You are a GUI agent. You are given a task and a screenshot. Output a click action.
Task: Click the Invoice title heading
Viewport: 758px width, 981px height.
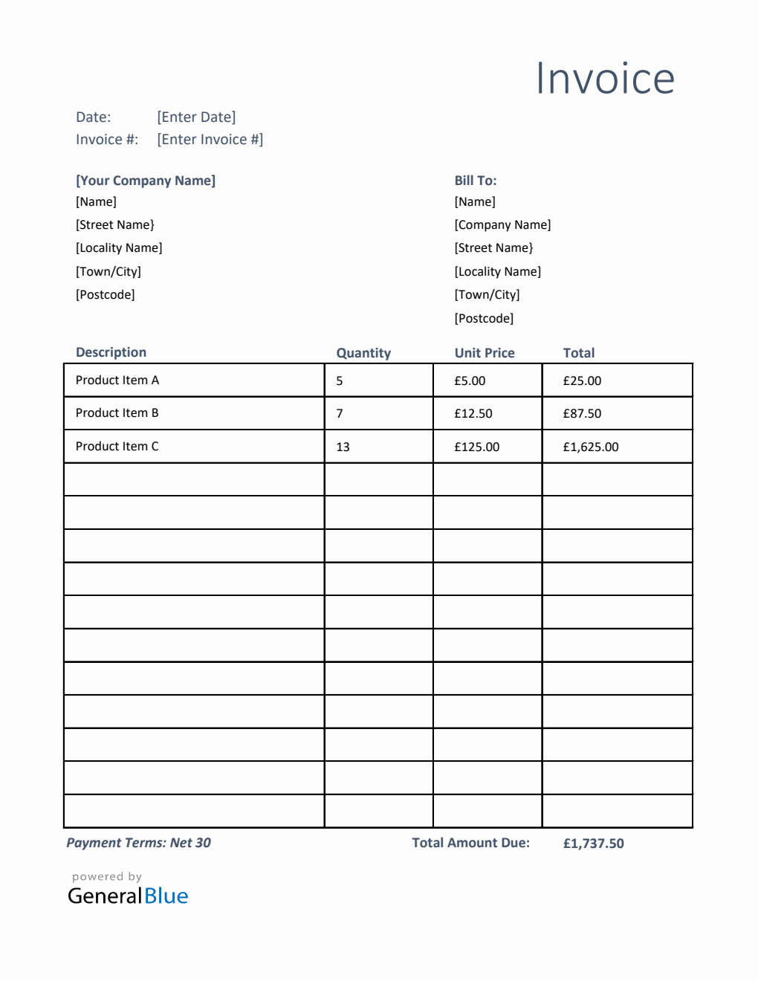pyautogui.click(x=605, y=79)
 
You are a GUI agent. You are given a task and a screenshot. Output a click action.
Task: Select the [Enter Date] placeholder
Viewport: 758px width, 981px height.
pyautogui.click(x=196, y=117)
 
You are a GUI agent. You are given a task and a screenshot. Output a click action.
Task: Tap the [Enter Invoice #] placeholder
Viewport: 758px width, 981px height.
pyautogui.click(x=210, y=140)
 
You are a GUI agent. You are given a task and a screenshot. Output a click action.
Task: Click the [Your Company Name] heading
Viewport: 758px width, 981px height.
pyautogui.click(x=146, y=181)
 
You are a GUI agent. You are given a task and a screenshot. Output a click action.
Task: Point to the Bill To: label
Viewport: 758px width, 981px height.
pyautogui.click(x=476, y=181)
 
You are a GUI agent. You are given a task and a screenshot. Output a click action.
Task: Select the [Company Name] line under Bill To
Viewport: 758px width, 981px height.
pyautogui.click(x=502, y=224)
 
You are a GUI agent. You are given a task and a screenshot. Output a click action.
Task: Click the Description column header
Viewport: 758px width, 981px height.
pyautogui.click(x=111, y=352)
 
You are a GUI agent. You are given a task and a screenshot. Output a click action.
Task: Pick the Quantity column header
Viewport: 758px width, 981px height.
pyautogui.click(x=363, y=353)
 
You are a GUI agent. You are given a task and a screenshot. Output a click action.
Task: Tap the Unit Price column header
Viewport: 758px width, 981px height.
pyautogui.click(x=485, y=353)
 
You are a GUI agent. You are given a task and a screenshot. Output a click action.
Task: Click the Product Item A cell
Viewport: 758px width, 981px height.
pyautogui.click(x=117, y=381)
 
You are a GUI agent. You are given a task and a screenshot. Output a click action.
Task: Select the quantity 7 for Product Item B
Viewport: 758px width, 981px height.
pyautogui.click(x=340, y=413)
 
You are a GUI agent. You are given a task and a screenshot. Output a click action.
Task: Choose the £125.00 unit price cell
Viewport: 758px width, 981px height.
pyautogui.click(x=477, y=447)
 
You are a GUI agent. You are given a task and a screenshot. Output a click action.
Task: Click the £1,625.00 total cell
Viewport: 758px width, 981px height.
pyautogui.click(x=591, y=447)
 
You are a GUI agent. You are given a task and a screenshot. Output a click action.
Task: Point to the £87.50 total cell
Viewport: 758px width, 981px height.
pyautogui.click(x=582, y=413)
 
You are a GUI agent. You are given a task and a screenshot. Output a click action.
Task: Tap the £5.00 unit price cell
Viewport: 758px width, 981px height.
pyautogui.click(x=470, y=381)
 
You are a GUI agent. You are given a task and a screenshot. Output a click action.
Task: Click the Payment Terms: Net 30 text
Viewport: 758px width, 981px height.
pyautogui.click(x=139, y=843)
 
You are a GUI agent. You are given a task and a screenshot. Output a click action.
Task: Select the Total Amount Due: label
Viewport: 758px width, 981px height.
pyautogui.click(x=471, y=843)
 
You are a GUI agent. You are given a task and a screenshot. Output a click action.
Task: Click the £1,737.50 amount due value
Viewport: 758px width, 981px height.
pyautogui.click(x=593, y=844)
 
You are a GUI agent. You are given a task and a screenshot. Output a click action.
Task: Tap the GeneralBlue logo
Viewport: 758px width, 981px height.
pyautogui.click(x=128, y=895)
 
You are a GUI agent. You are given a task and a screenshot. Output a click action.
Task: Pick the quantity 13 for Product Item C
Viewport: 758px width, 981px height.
pyautogui.click(x=343, y=447)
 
